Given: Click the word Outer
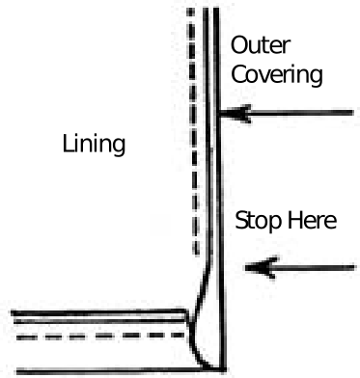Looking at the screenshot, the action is tap(261, 45).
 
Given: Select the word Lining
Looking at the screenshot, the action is tap(94, 145).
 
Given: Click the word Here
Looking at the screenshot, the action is tap(312, 221).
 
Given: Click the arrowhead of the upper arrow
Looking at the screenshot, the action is tap(231, 115).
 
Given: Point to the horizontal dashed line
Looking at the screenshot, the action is tap(97, 337).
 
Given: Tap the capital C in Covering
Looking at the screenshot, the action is tap(237, 73).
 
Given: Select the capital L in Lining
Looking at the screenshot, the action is tap(68, 145).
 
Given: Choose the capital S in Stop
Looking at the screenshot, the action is tap(242, 221).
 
